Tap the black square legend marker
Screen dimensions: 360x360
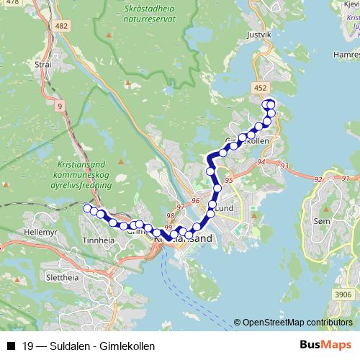(x=11, y=346)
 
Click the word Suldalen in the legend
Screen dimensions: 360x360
(x=63, y=346)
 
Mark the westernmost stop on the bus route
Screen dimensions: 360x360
(x=88, y=209)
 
